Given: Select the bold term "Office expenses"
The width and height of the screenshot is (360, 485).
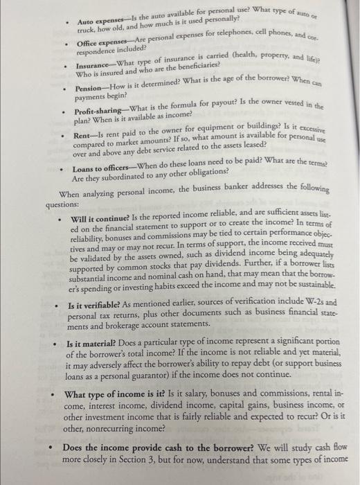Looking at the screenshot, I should pyautogui.click(x=102, y=44).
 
